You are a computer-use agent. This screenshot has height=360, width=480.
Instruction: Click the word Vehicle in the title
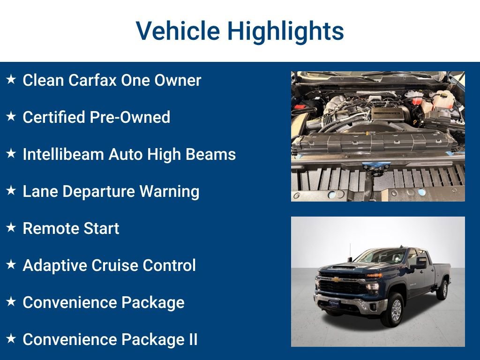[x=178, y=31]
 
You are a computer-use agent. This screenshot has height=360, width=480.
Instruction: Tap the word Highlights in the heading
[x=285, y=31]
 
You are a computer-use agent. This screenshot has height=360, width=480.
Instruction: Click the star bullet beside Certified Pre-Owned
[x=11, y=117]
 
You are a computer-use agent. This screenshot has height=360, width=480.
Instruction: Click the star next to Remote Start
[x=11, y=228]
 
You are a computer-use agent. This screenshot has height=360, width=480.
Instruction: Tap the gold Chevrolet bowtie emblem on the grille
[x=336, y=279]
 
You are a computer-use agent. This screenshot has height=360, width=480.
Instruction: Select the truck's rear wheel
[x=442, y=290]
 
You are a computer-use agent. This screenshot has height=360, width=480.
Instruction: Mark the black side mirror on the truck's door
[x=418, y=263]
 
